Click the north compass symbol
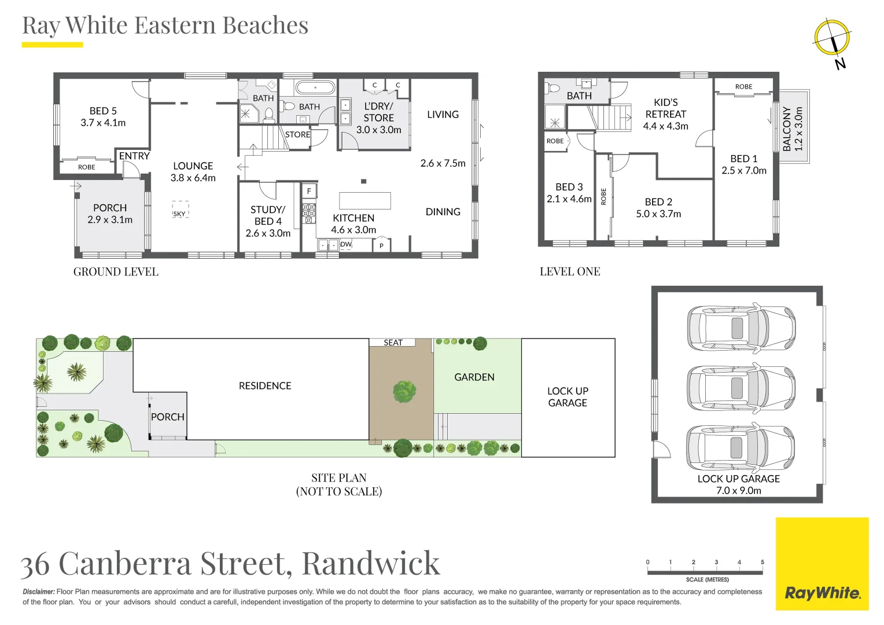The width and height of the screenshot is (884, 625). click(832, 38)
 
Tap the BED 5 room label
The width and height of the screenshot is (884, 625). click(103, 111)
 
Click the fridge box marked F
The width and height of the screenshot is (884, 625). click(309, 191)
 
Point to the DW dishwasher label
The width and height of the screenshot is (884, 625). click(346, 244)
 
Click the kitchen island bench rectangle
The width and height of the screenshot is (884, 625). click(364, 200)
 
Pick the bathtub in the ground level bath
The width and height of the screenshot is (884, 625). click(315, 88)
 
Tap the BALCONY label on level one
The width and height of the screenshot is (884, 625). click(786, 128)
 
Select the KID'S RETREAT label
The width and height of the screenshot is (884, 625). click(665, 108)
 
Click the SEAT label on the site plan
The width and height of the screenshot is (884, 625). click(393, 343)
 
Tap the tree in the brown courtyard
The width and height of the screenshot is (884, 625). click(404, 392)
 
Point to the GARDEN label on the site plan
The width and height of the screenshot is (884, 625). click(474, 377)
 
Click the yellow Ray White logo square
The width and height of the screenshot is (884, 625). click(822, 564)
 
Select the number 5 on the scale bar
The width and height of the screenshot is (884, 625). click(762, 562)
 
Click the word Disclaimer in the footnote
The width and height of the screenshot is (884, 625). click(39, 592)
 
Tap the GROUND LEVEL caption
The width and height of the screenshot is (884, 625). click(116, 271)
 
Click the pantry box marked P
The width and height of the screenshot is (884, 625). click(381, 246)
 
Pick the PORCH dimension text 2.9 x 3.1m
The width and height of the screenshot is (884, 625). click(110, 220)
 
